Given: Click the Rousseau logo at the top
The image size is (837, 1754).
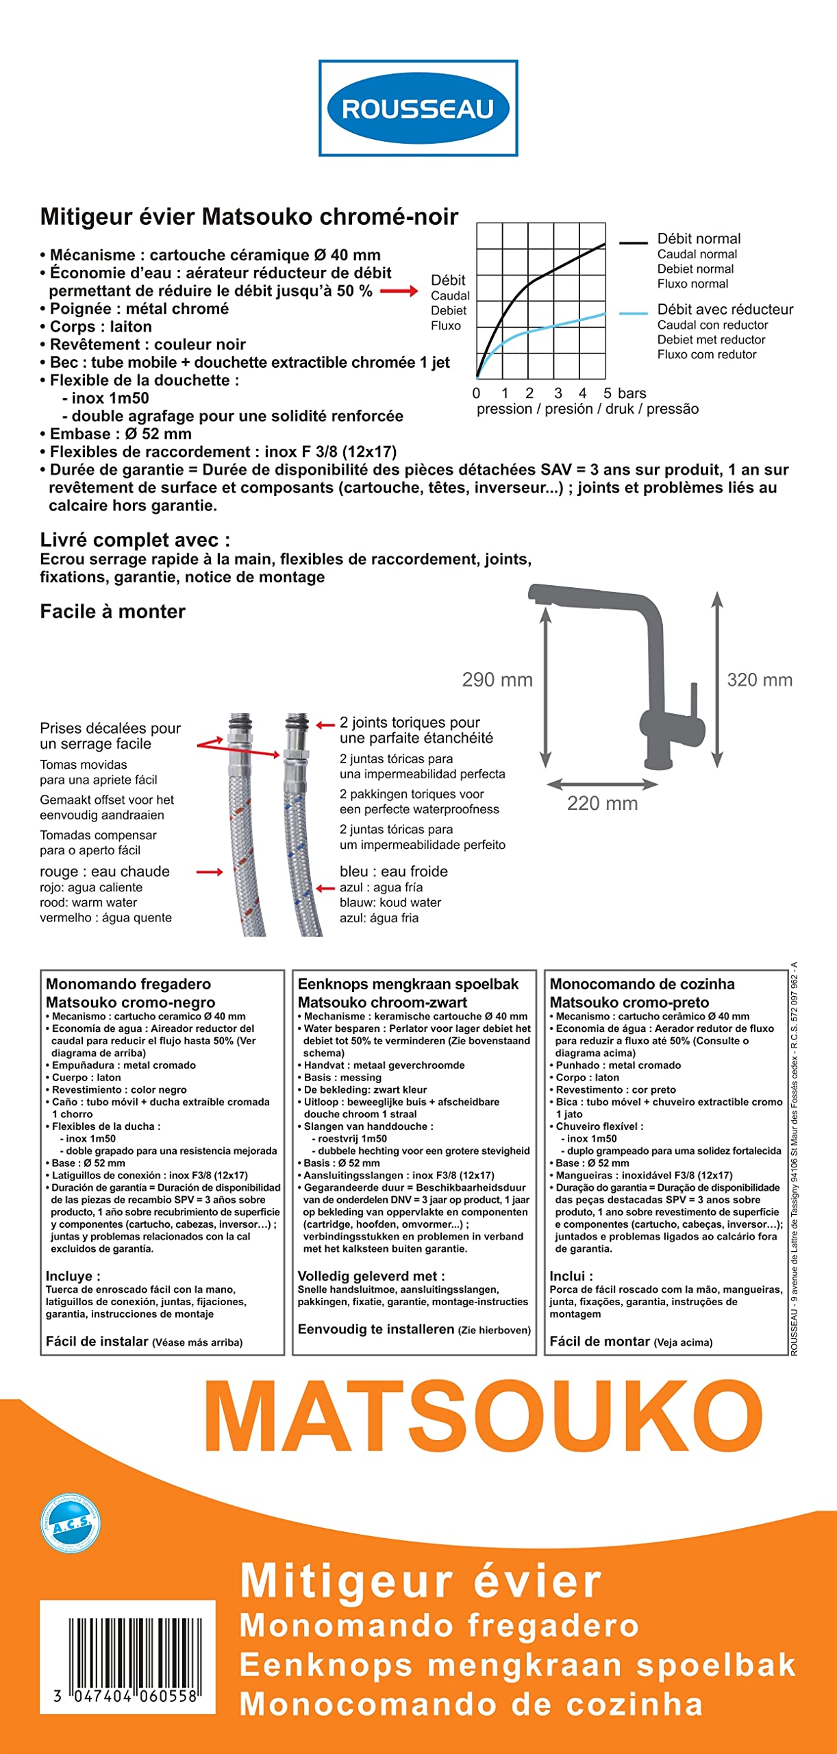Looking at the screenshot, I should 418,108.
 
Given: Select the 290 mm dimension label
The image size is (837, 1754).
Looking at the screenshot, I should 497,680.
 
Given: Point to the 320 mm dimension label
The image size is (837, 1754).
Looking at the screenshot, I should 760,680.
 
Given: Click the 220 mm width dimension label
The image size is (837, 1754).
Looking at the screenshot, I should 602,803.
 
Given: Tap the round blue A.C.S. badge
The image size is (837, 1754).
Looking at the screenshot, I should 71,1524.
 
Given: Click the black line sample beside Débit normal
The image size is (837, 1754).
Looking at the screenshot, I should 633,243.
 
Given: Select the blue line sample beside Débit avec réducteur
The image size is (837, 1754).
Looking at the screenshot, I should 633,313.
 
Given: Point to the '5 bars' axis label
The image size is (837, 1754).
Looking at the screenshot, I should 624,393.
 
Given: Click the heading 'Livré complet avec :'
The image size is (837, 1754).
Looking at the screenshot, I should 135,540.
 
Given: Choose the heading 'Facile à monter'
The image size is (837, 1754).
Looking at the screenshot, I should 112,611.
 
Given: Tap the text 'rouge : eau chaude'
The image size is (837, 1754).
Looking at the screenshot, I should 105,872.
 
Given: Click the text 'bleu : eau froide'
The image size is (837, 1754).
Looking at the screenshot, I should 394,872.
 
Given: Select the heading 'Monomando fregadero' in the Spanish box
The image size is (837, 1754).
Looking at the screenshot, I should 128,984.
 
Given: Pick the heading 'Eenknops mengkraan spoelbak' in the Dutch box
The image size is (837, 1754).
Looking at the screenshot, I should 408,984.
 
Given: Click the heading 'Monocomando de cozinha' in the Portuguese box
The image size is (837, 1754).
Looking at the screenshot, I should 642,984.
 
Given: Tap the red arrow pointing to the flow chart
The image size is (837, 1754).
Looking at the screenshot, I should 399,291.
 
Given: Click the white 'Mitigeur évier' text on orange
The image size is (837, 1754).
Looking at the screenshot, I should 421,1581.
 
